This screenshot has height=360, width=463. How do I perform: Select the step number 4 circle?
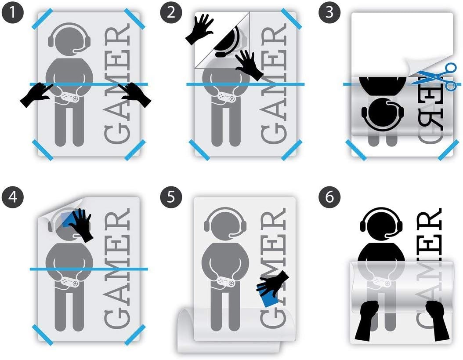[12, 197]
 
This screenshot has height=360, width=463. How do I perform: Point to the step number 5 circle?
[171, 197]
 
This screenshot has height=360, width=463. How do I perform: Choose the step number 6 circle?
[329, 197]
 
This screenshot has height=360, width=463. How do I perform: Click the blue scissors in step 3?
[435, 77]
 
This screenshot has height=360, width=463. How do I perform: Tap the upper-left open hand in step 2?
[199, 29]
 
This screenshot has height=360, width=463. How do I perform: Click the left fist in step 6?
[367, 321]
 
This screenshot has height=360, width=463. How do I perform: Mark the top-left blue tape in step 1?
[43, 18]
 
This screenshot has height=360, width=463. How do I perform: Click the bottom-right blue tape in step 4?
[135, 335]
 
